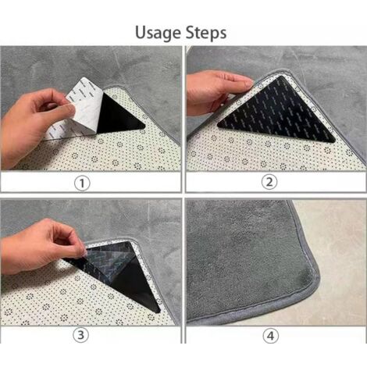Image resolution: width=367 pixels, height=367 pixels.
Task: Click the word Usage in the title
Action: (159, 33)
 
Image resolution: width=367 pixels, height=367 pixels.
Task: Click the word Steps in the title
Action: (206, 33)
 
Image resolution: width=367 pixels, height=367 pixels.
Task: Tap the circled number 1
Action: (82, 183)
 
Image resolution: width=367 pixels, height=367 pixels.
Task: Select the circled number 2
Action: (269, 182)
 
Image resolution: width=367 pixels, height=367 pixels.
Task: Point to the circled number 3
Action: (81, 335)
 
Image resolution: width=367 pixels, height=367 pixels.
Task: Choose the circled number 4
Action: (270, 336)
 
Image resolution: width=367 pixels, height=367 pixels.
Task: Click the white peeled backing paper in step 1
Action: (76, 109)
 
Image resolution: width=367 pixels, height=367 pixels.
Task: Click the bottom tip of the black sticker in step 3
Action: (159, 312)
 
